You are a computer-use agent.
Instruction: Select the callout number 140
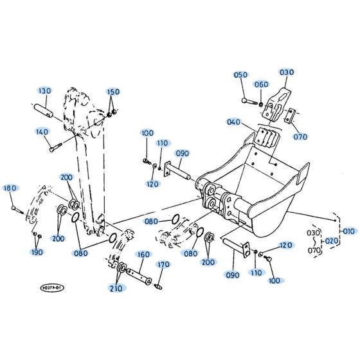pos(42,132)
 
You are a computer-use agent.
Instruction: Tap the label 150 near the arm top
pos(113,92)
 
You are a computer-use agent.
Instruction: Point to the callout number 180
pos(10,188)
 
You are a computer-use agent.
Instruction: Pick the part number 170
pos(163,264)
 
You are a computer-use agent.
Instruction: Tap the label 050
pos(240,75)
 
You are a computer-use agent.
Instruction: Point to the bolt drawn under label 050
pos(249,100)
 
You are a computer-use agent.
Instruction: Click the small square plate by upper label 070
pos(290,116)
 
